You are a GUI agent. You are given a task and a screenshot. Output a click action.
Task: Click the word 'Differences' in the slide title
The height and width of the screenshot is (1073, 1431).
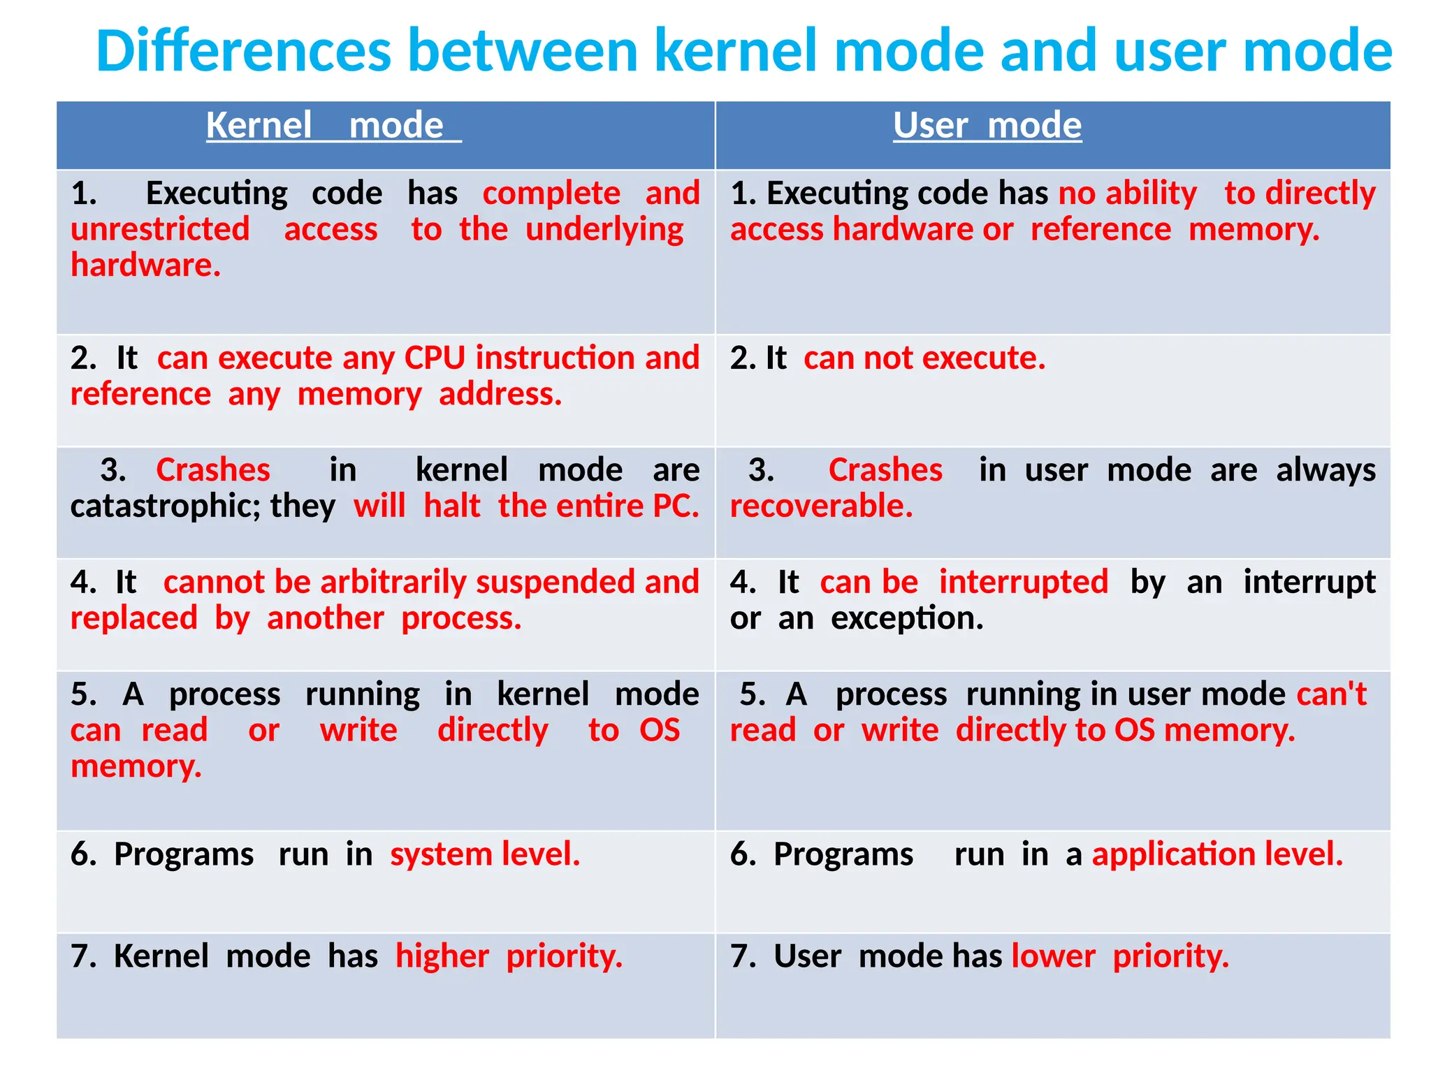tap(243, 51)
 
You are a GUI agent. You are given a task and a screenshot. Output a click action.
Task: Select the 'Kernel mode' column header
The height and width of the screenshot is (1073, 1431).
tap(333, 126)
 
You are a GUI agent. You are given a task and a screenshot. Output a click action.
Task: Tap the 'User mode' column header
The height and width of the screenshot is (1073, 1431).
tap(987, 126)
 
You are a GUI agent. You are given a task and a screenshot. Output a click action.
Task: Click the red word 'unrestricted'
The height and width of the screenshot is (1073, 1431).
tap(160, 229)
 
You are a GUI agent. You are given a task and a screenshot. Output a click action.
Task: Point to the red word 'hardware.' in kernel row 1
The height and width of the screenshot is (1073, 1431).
tap(145, 265)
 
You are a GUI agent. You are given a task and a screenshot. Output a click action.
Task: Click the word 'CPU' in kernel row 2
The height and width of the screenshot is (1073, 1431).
tap(435, 358)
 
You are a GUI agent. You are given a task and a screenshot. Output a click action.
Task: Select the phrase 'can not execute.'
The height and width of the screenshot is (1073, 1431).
tap(924, 358)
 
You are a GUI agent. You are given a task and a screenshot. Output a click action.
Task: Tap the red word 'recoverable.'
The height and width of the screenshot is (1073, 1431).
tap(821, 506)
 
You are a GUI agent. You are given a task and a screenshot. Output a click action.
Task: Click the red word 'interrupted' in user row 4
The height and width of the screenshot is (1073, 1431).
tap(1023, 582)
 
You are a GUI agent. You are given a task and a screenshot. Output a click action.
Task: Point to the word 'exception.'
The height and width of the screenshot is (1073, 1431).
tap(907, 618)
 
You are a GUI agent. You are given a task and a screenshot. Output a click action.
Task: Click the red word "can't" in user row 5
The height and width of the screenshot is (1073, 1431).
tap(1332, 694)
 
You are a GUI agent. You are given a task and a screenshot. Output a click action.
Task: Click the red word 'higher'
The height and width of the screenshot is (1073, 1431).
tap(442, 956)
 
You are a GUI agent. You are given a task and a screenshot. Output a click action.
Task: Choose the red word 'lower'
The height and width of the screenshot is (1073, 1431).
tap(1053, 956)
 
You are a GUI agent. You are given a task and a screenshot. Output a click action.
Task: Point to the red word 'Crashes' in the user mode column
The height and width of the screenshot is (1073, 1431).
tap(885, 469)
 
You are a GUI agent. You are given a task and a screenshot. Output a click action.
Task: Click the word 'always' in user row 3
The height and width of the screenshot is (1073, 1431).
tap(1325, 469)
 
